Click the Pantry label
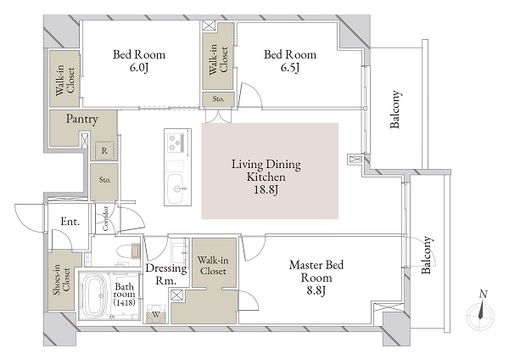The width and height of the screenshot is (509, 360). pyautogui.click(x=81, y=119)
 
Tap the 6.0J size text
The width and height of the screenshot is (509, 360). pyautogui.click(x=138, y=67)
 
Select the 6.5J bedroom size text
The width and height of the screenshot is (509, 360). pyautogui.click(x=290, y=67)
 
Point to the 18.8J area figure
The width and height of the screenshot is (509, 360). pyautogui.click(x=266, y=189)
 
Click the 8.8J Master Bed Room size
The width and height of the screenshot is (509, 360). pyautogui.click(x=316, y=290)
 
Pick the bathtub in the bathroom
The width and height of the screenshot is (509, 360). pyautogui.click(x=95, y=295)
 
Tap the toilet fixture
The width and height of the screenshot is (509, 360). pyautogui.click(x=128, y=252)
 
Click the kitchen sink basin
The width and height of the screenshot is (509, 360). pyautogui.click(x=176, y=188)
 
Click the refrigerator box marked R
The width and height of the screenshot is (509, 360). pyautogui.click(x=104, y=151)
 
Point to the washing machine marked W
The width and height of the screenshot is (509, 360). pyautogui.click(x=156, y=314)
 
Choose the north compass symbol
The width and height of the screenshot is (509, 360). pyautogui.click(x=481, y=312)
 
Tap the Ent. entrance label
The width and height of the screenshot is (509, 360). pyautogui.click(x=70, y=222)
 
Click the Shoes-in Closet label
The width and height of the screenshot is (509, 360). pyautogui.click(x=62, y=281)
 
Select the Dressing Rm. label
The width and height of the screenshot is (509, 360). pyautogui.click(x=166, y=274)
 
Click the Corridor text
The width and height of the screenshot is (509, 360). pyautogui.click(x=105, y=218)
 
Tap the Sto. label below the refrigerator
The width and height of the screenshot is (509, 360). pyautogui.click(x=105, y=180)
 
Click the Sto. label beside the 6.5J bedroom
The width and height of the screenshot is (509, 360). pyautogui.click(x=218, y=98)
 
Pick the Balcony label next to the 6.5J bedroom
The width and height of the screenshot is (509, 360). pyautogui.click(x=395, y=110)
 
